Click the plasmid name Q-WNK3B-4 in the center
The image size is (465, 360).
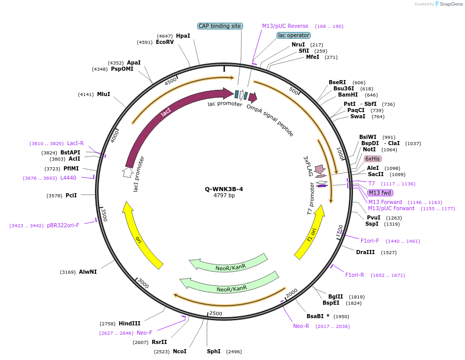[x=224, y=189]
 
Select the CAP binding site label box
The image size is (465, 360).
[x=220, y=26]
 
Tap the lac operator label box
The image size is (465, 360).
[x=293, y=35]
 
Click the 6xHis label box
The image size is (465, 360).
[x=373, y=159]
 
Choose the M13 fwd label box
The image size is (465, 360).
[x=380, y=193]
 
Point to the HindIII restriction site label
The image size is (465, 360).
[x=129, y=323]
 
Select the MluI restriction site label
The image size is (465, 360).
[x=103, y=94]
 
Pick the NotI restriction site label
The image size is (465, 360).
[x=369, y=150]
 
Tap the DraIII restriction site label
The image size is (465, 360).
[x=365, y=252]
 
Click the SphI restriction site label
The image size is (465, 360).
[x=214, y=351]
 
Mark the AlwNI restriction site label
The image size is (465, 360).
[x=88, y=272]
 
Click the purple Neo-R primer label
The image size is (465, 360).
[x=301, y=326]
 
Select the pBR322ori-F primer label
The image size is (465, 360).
[x=63, y=225]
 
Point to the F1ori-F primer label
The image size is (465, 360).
[x=370, y=241]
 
